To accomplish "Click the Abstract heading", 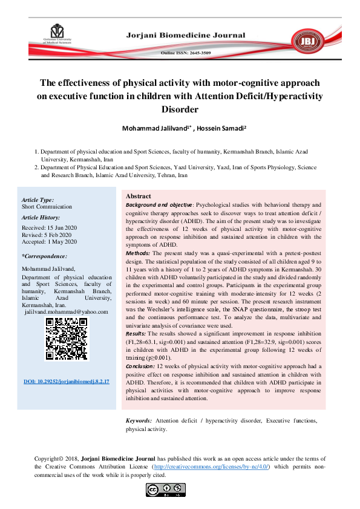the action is pyautogui.click(x=138, y=196).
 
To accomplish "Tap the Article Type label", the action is pyautogui.click(x=38, y=199).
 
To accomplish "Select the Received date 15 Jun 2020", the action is pyautogui.click(x=49, y=227).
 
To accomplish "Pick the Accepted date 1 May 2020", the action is pyautogui.click(x=50, y=242).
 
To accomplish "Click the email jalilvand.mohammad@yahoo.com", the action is pyautogui.click(x=67, y=312).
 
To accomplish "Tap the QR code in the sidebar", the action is pyautogui.click(x=67, y=340).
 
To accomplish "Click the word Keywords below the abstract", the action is pyautogui.click(x=139, y=420).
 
